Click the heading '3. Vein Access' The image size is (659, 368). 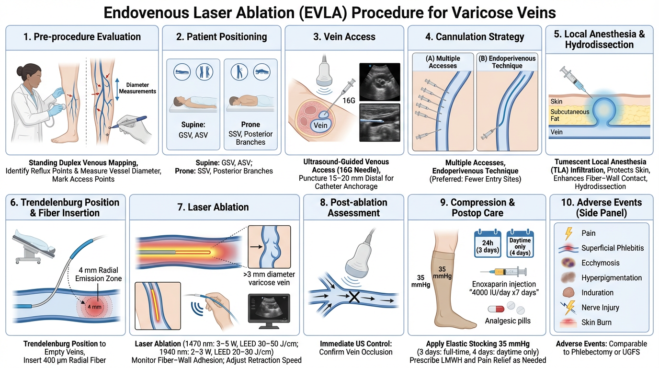coord(344,37)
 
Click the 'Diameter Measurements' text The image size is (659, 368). coord(138,88)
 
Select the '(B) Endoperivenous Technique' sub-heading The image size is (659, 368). coord(507,62)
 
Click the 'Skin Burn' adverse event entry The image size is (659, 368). coord(596,322)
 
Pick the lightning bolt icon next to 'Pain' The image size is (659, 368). coord(568,233)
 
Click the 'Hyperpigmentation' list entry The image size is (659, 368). coord(612,278)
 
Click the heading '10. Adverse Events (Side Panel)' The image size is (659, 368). coord(601,207)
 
